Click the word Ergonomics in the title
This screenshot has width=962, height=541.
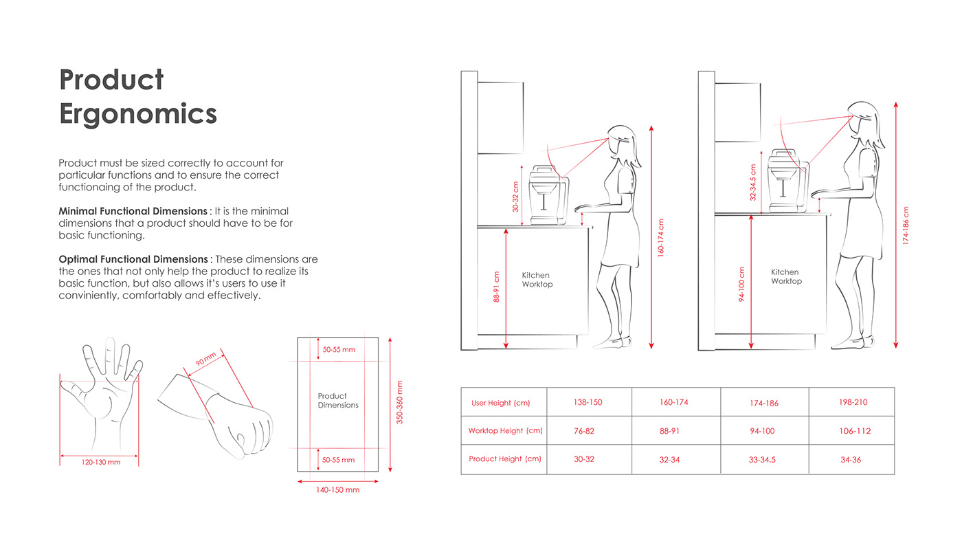point(138,113)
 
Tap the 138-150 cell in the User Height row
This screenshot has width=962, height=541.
point(588,402)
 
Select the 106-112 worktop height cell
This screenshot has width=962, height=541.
point(855,431)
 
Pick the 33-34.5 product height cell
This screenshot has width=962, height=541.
point(762,460)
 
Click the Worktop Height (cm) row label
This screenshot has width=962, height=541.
point(505,431)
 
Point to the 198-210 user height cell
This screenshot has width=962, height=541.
point(853,402)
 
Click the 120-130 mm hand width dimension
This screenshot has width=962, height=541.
point(101,463)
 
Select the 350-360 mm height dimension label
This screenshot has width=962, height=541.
point(400,402)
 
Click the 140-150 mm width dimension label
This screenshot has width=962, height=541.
point(338,490)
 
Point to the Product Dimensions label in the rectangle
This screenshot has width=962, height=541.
point(338,401)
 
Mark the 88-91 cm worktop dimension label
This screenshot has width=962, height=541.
point(497,287)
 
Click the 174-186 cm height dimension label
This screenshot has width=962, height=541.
point(906,225)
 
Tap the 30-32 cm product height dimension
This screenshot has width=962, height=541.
point(516,197)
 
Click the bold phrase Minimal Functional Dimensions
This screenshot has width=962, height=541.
point(133,211)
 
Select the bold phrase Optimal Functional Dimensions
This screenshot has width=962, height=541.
point(133,259)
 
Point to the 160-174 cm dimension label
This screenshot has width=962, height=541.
point(661,238)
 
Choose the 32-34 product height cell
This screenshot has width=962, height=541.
point(669,460)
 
